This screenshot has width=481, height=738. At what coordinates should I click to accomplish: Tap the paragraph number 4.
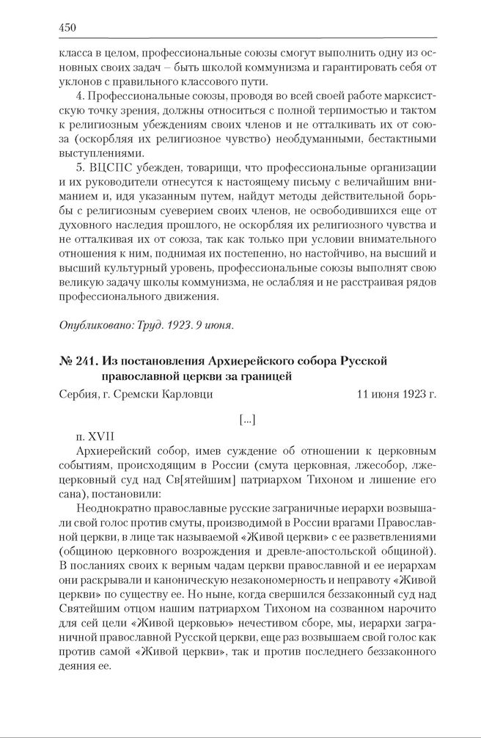78,97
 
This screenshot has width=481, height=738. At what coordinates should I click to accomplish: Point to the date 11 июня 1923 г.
397,393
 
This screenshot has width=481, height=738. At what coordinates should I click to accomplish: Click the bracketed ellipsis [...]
247,420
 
